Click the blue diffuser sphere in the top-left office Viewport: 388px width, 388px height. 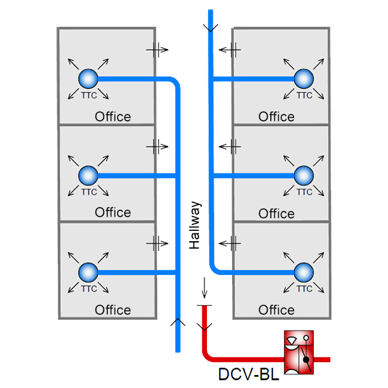coord(87,79)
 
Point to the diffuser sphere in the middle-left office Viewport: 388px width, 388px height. coord(87,175)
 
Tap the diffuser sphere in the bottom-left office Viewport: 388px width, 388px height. coord(87,272)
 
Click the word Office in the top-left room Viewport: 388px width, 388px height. coord(113,117)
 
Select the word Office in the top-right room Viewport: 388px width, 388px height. coord(276,117)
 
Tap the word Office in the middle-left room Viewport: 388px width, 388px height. coord(113,213)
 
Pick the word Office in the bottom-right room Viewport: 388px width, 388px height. coord(276,310)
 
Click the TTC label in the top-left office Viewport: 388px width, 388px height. coord(88,96)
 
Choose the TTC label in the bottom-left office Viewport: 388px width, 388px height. coord(88,288)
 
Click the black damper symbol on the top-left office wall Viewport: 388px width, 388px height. coord(159,47)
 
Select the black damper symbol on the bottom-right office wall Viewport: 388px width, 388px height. coord(227,242)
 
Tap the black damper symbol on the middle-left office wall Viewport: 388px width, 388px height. coord(159,147)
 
